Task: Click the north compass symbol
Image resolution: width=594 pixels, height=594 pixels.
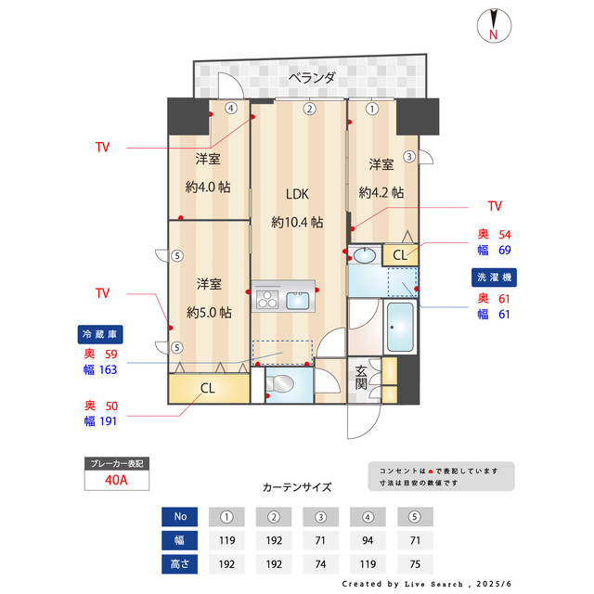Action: [x=494, y=26]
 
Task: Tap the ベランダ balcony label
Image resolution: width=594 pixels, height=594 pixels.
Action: [x=311, y=78]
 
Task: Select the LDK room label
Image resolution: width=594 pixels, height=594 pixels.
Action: [x=297, y=194]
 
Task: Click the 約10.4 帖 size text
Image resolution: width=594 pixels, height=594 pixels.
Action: [x=297, y=223]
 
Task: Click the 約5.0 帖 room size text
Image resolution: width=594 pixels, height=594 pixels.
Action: [x=208, y=312]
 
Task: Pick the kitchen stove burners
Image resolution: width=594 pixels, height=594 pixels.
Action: [x=267, y=299]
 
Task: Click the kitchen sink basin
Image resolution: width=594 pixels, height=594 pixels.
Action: [x=298, y=299]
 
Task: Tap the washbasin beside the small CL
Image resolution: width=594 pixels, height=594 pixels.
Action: [x=365, y=254]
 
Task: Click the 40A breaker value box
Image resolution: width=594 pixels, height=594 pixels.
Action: [x=116, y=481]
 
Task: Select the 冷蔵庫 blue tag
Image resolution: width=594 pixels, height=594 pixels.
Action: [x=100, y=334]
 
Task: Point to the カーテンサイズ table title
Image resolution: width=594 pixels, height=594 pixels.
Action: [x=297, y=486]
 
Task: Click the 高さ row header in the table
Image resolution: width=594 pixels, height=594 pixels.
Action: [x=180, y=563]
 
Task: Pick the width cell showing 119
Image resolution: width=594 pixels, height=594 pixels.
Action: [x=227, y=540]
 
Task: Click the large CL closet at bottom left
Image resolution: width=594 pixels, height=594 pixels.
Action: [x=208, y=388]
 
